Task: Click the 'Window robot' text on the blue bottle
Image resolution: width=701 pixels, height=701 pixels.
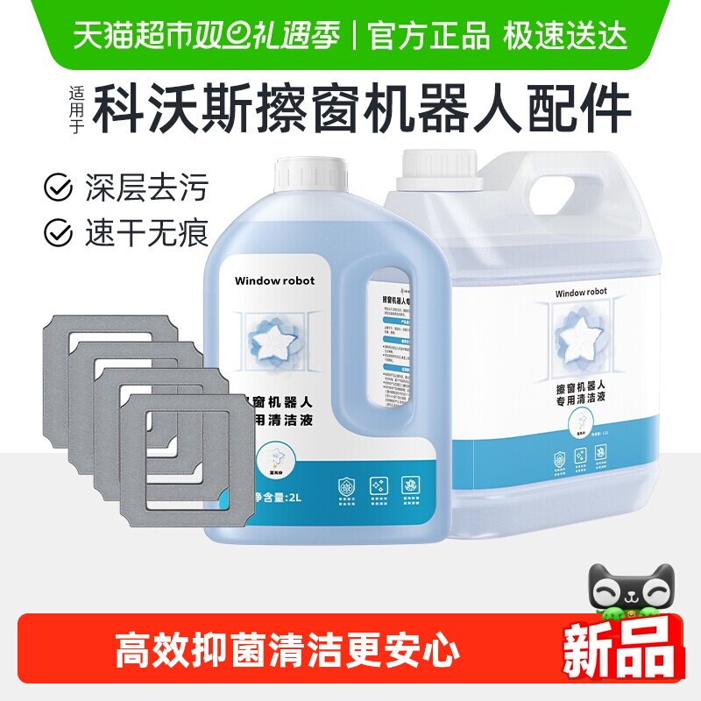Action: [274, 280]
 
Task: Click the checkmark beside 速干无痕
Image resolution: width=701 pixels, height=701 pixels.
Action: [59, 232]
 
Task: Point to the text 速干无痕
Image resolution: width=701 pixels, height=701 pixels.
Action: [146, 232]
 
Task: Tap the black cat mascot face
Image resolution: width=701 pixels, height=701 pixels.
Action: [627, 594]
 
